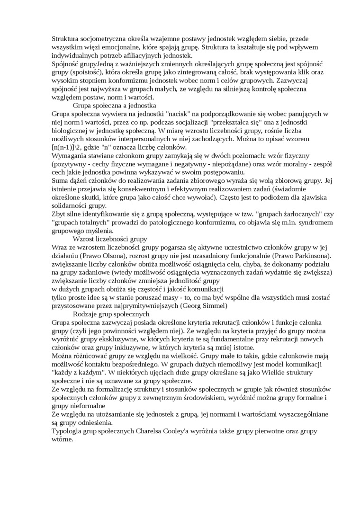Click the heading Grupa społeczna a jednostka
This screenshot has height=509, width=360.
114,105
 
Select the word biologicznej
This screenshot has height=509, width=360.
73,131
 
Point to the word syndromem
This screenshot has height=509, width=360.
305,223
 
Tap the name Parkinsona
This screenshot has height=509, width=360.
309,256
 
